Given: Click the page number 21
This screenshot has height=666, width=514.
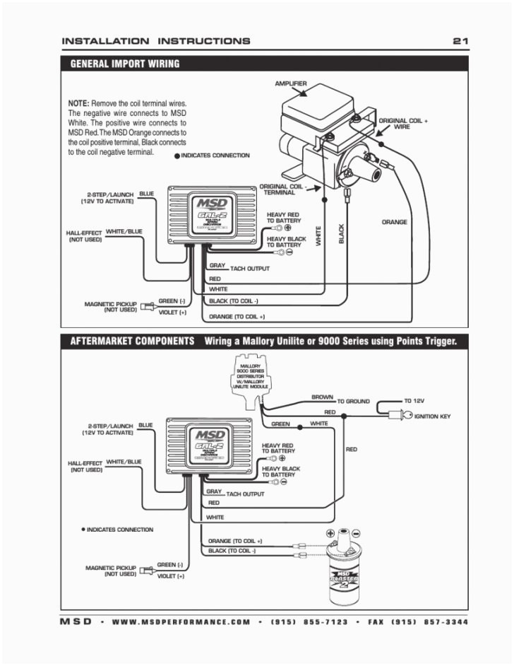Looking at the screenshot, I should click(460, 41).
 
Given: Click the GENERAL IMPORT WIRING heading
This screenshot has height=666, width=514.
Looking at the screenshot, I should click(125, 64).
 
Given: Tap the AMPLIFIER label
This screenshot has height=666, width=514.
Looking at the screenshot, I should click(290, 84).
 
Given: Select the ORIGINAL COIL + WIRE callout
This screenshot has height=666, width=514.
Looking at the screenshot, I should click(403, 124).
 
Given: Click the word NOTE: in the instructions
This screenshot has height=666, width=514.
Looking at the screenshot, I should click(78, 103).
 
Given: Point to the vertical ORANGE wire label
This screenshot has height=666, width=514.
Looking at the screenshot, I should click(394, 222).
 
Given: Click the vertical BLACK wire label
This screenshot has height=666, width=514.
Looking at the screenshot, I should click(342, 234).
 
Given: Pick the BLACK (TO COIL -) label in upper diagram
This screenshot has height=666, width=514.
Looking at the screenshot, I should click(234, 302).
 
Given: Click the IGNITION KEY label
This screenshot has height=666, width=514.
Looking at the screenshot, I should click(432, 416).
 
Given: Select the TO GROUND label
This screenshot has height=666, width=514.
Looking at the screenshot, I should click(353, 401).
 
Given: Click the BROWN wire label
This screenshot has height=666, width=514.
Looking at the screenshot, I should click(322, 397).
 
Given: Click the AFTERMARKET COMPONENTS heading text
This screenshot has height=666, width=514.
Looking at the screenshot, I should click(132, 341).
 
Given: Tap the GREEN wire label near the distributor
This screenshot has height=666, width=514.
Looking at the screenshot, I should click(280, 424).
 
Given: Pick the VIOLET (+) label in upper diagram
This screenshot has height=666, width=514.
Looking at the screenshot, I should click(172, 312).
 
